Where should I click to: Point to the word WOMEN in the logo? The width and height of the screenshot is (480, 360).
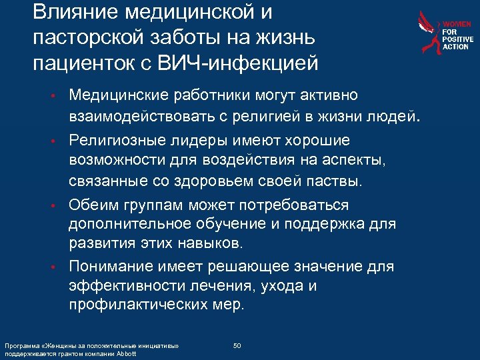click(458, 23)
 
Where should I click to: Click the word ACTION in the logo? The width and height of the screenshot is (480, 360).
click(457, 47)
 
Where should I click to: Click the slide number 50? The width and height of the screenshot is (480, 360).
click(237, 345)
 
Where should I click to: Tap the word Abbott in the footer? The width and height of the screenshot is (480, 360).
click(125, 353)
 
